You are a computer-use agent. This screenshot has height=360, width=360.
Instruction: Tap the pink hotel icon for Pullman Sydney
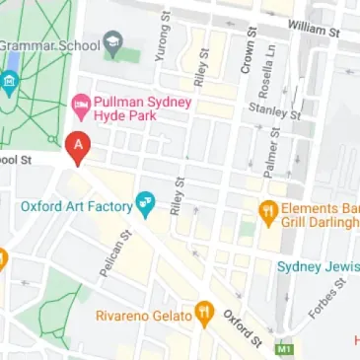click(x=82, y=103)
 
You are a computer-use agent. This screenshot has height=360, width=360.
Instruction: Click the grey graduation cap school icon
click(x=112, y=42)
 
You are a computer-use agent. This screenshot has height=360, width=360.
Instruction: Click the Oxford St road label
click(x=243, y=326)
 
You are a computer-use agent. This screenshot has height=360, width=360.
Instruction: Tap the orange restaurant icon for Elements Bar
click(x=266, y=210)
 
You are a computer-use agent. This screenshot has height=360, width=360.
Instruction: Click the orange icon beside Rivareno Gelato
click(x=204, y=315)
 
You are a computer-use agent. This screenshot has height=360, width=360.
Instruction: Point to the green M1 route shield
click(x=287, y=349)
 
